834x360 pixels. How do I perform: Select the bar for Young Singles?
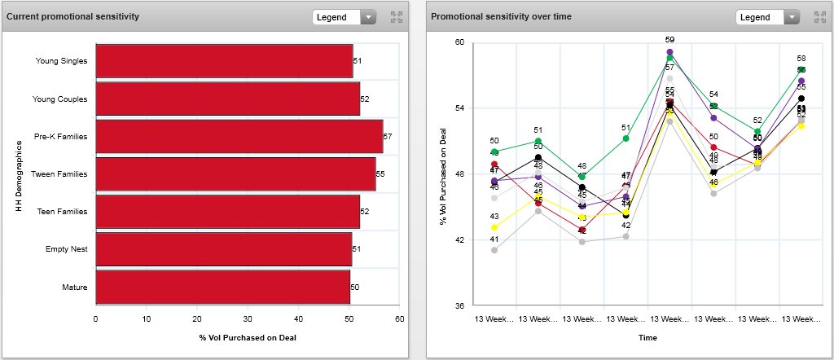pyautogui.click(x=224, y=61)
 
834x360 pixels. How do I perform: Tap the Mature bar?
pyautogui.click(x=222, y=287)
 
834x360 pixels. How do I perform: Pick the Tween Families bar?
pyautogui.click(x=235, y=174)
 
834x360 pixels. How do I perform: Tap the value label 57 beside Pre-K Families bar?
pyautogui.click(x=388, y=137)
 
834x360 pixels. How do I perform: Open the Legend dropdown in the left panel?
pyautogui.click(x=344, y=16)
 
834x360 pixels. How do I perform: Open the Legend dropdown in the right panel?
pyautogui.click(x=767, y=16)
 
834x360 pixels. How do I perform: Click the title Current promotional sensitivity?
pyautogui.click(x=72, y=16)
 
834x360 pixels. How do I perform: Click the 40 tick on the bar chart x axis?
pyautogui.click(x=298, y=319)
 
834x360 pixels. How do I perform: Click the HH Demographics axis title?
pyautogui.click(x=17, y=174)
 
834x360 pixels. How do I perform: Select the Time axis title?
pyautogui.click(x=647, y=336)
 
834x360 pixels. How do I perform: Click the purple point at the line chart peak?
pyautogui.click(x=669, y=52)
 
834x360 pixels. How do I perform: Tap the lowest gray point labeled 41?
pyautogui.click(x=494, y=250)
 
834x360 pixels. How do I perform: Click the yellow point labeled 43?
pyautogui.click(x=494, y=227)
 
